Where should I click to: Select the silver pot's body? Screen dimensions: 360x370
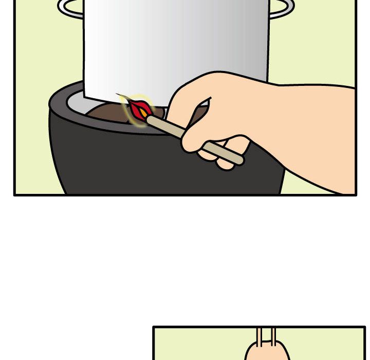click(x=175, y=46)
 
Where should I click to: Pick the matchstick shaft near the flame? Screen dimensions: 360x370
click(x=164, y=127)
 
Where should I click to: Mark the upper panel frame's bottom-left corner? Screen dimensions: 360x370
click(x=15, y=194)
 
